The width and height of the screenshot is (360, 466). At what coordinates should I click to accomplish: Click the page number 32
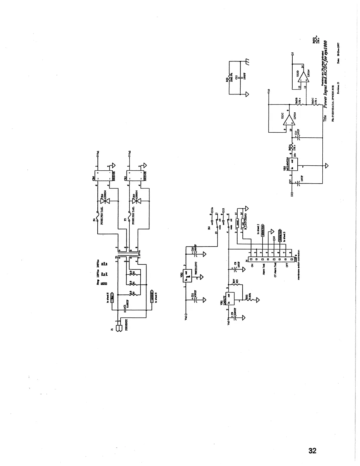point(312,450)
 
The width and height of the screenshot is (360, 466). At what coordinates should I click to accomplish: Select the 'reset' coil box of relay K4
point(236,223)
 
